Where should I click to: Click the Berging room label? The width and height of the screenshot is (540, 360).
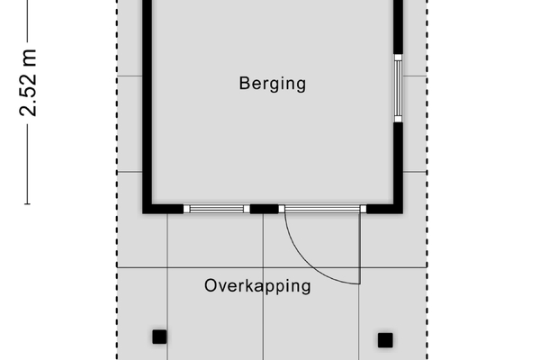click(273, 84)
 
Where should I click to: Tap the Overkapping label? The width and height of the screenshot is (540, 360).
click(257, 286)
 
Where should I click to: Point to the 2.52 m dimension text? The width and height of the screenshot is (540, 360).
click(28, 83)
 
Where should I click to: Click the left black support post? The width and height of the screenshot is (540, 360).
click(160, 337)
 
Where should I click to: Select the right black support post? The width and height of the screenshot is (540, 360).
click(385, 340)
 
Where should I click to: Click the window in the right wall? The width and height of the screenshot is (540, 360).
click(398, 88)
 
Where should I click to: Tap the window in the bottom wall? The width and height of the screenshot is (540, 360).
click(217, 209)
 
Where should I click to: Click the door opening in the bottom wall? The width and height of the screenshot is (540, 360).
click(322, 209)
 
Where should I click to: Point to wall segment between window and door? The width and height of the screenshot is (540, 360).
click(264, 209)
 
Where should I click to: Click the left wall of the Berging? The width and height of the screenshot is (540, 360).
click(148, 103)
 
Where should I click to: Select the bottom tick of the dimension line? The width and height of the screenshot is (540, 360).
click(27, 204)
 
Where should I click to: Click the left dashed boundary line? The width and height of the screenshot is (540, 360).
click(117, 180)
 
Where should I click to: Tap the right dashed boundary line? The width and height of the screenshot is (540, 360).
click(427, 180)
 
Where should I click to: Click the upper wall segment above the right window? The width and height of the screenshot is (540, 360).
click(398, 27)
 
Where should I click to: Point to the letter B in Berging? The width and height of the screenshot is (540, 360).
click(244, 83)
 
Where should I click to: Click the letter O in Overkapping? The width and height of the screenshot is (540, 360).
click(211, 285)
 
